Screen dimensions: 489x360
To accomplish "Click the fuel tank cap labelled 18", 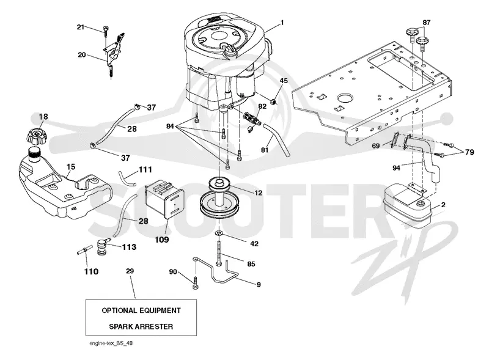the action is click(x=36, y=136).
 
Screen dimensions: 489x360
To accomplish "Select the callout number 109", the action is click(x=162, y=239).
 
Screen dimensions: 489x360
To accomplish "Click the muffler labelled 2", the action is click(x=406, y=205).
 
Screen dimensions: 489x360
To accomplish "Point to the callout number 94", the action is click(x=396, y=168).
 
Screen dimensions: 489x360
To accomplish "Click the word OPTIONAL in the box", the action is click(x=119, y=310).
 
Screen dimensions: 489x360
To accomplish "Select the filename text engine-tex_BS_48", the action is click(x=111, y=343).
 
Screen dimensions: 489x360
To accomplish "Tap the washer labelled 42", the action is click(x=219, y=233).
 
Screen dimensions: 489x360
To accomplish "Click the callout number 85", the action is click(x=251, y=264).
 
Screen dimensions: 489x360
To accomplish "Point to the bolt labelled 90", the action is click(x=195, y=283).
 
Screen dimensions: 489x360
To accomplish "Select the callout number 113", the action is click(x=129, y=247).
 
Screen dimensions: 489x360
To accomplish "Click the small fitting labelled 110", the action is click(x=84, y=250).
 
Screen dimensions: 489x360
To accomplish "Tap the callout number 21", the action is click(x=81, y=27).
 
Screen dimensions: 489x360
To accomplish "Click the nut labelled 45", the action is click(x=273, y=101).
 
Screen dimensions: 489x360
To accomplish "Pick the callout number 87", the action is click(x=426, y=23).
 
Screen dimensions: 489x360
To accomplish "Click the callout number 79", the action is click(x=469, y=152).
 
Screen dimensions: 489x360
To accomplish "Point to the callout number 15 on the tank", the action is click(x=71, y=167).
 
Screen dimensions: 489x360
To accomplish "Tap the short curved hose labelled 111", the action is click(x=127, y=178).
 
